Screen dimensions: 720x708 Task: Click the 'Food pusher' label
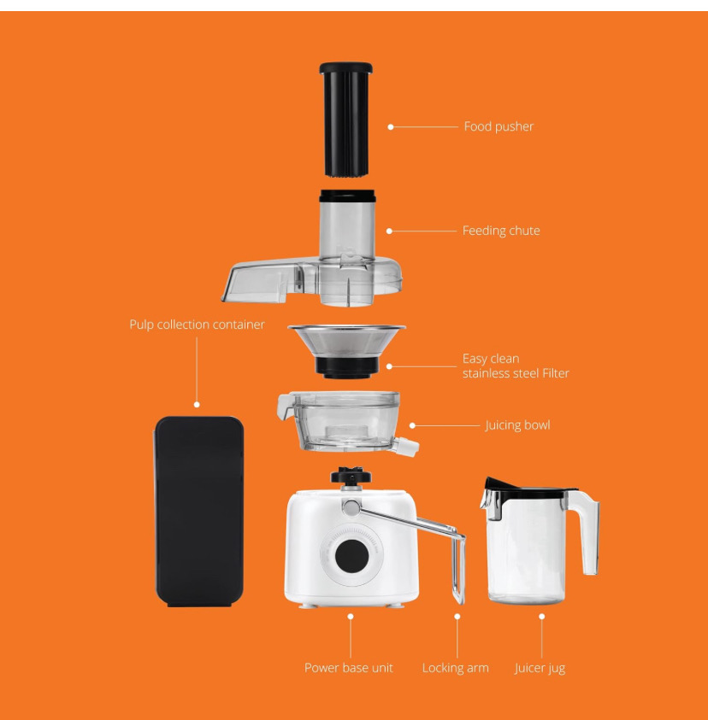click(498, 126)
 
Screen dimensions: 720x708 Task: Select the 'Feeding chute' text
click(500, 231)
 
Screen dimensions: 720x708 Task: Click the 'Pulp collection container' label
click(197, 325)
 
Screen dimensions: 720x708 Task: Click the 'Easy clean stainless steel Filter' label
click(515, 366)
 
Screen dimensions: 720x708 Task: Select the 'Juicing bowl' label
click(517, 425)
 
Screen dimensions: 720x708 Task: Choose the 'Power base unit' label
click(349, 668)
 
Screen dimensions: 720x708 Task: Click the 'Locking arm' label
click(455, 668)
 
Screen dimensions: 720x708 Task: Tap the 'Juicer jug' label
click(540, 668)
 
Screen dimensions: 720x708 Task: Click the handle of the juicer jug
click(588, 530)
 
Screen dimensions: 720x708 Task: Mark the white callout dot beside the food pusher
click(391, 126)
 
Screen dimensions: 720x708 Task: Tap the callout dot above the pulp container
click(197, 404)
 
